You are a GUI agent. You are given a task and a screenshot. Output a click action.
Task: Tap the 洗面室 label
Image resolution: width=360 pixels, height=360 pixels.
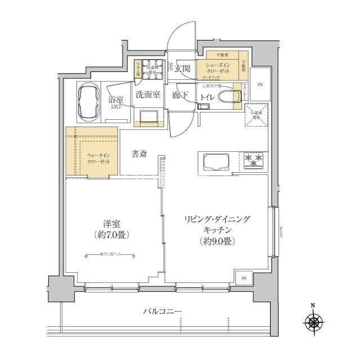coord(147,94)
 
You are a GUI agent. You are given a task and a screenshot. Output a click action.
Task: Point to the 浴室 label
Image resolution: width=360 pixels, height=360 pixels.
coord(116,99)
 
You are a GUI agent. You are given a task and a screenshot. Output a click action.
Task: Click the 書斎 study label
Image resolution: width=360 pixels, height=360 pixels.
coord(139,154)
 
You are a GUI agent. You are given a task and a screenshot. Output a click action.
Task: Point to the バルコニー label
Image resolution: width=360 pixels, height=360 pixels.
coord(162,311)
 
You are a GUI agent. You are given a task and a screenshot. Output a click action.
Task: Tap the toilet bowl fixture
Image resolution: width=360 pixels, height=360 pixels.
coord(227,96)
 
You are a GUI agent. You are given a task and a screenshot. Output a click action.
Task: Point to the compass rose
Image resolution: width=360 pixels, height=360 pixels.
coord(313,322)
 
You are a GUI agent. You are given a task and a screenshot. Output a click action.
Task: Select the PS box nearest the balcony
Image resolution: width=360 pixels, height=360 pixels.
coord(244,278)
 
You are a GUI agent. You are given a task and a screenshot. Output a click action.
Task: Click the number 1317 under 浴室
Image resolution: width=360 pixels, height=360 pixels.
coord(116,107)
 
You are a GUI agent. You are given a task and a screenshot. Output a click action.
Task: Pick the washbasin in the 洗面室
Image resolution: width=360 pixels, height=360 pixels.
coord(148,116)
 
